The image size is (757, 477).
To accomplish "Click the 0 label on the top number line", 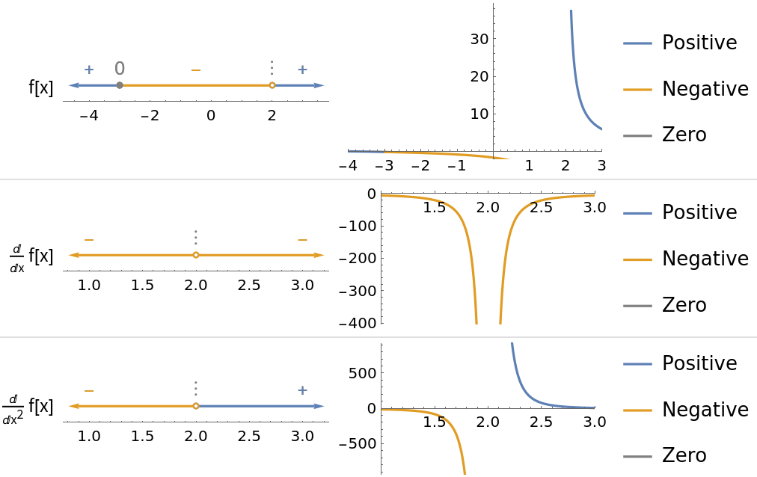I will point(120,69).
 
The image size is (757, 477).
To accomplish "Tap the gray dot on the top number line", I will point(120,85).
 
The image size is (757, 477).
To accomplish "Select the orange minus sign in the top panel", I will point(196,70).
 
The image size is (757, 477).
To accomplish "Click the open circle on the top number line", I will point(272,85).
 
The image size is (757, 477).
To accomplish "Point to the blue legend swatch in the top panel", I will point(637,43).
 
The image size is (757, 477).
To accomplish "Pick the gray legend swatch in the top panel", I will point(637,136).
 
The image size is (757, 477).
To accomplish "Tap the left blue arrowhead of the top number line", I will point(72,85).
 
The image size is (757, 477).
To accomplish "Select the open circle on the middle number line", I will point(196,255).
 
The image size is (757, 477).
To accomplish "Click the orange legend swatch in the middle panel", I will point(637,259).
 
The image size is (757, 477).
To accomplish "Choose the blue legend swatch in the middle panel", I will point(637,213).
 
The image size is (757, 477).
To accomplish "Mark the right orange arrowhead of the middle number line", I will point(321,255).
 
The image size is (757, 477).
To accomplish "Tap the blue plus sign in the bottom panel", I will point(302,390).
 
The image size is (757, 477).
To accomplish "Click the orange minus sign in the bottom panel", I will point(89,390).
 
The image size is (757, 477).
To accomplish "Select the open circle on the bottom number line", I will point(196,406).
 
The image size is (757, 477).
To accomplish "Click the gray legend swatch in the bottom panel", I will point(637,456).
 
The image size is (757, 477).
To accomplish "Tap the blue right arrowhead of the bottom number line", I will point(321,406).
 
